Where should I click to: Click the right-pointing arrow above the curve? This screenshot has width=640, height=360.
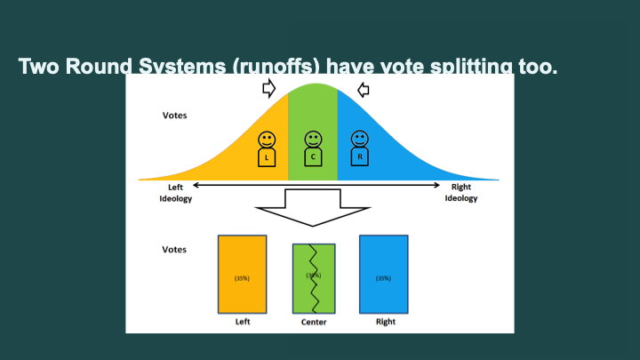coord(268,89)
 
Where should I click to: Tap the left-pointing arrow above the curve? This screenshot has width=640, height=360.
coord(363,89)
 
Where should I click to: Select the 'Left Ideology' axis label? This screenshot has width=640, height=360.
coord(175,193)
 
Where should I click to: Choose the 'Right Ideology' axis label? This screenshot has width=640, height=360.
coord(460,193)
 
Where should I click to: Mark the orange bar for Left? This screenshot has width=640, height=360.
coord(242,274)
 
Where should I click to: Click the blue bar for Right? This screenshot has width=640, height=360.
coord(383,274)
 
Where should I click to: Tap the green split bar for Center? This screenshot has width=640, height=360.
coord(313,277)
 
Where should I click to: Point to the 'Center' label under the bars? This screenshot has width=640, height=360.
coord(313,322)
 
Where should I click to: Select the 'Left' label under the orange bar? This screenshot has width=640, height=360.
coord(242,321)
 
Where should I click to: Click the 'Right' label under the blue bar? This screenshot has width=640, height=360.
coord(385,321)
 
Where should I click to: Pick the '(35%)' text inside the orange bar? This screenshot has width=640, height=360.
coord(242,277)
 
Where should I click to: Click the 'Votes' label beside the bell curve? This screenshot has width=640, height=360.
coord(174,116)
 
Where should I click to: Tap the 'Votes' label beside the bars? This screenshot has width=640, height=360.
coord(174,249)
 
